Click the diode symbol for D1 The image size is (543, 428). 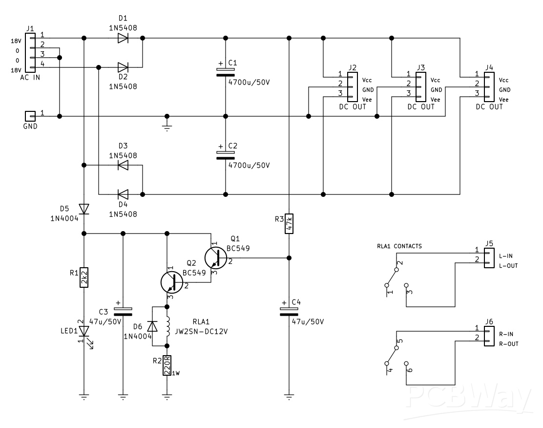coord(123,38)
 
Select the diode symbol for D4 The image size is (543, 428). coord(123,194)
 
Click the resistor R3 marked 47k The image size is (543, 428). coord(289,224)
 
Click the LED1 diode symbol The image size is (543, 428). coord(84,331)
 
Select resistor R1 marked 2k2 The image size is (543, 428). coord(84,278)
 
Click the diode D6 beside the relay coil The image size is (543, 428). coord(152,326)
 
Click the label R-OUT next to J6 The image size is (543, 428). coord(508,344)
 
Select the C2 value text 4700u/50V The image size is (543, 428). coord(249,165)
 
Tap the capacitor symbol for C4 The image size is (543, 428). coord(289,311)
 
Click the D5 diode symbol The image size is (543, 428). coord(84,209)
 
